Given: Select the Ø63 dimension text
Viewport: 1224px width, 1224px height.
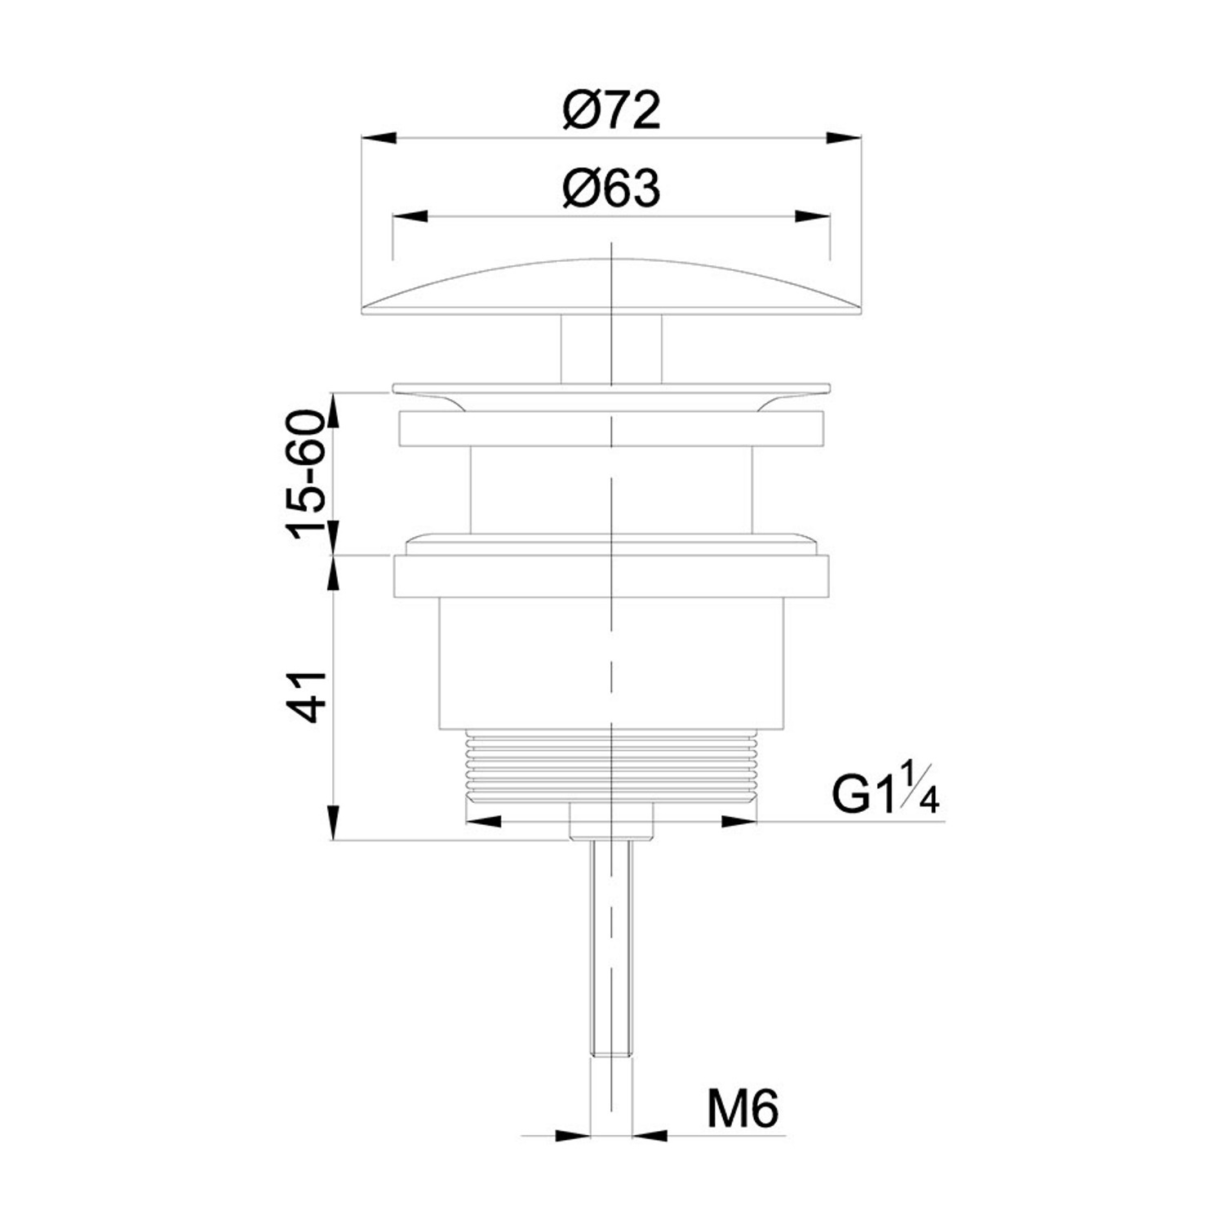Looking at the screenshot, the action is [611, 189].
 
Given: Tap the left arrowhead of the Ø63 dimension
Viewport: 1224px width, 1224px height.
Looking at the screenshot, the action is [410, 216].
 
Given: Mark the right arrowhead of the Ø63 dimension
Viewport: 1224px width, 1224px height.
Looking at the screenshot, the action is [813, 216].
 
